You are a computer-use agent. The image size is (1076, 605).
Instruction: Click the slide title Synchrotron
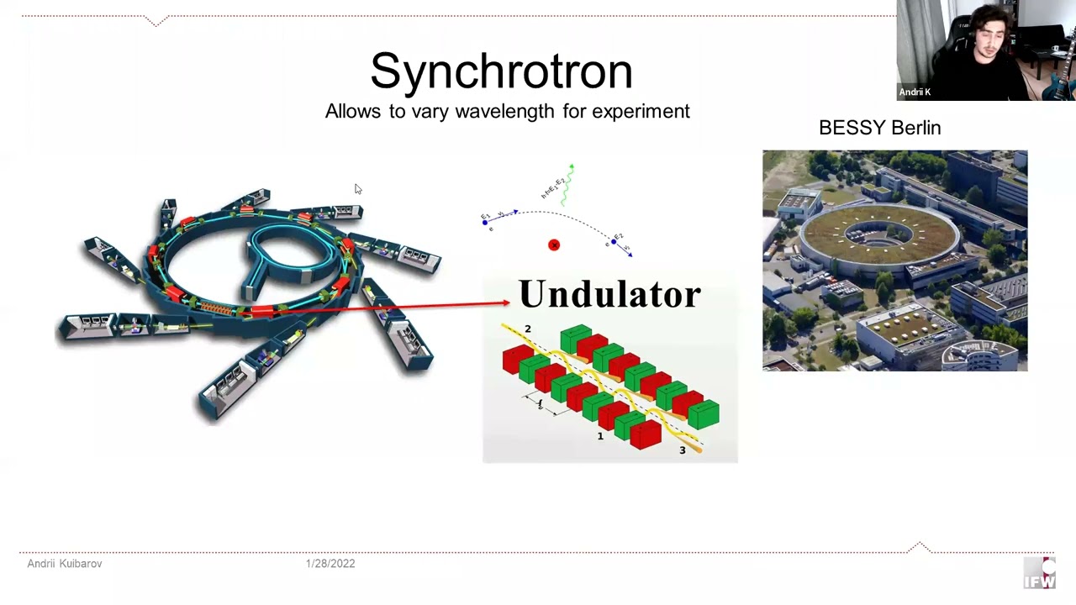coord(501,71)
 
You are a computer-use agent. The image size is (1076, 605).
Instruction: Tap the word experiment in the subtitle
coord(641,111)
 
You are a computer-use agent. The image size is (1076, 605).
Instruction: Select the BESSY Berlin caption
coord(879,128)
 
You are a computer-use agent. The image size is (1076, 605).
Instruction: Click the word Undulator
coord(609,294)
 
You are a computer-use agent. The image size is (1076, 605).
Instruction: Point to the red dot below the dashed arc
coord(553,245)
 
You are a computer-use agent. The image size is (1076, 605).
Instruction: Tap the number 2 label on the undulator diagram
coord(528,329)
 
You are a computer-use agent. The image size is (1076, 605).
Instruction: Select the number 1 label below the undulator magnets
coord(600,436)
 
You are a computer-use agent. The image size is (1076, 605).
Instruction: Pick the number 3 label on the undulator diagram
coord(682,450)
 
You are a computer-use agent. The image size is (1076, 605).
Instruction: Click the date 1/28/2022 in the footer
coord(330,564)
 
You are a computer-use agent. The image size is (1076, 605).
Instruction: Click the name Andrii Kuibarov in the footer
coord(65,564)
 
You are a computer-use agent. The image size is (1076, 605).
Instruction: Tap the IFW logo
coord(1039,574)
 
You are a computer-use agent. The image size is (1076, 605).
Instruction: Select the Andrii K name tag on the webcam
coord(915,92)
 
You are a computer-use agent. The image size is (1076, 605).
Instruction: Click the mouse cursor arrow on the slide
coord(356,189)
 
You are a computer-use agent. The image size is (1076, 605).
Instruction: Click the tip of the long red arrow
coord(507,302)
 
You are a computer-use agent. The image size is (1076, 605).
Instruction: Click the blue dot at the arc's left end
coord(485,222)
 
